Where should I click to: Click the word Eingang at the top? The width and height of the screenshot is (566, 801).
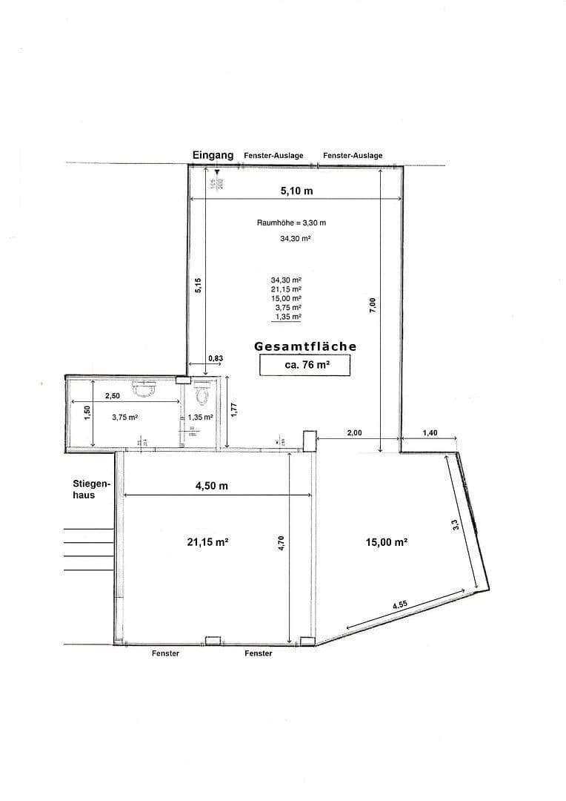click(213, 155)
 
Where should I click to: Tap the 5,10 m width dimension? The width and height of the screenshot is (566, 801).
click(296, 191)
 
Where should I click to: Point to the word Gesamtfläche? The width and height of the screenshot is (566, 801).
click(305, 346)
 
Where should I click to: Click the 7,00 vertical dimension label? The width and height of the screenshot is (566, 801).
click(373, 306)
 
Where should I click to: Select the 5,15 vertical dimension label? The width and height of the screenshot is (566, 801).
click(198, 286)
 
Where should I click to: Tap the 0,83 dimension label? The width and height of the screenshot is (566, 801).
click(216, 358)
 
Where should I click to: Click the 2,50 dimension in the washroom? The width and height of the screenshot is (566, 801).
click(113, 395)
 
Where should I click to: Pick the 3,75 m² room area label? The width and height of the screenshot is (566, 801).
click(125, 418)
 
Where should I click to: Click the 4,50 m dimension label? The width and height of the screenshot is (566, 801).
click(212, 485)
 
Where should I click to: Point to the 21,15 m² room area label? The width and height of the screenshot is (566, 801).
click(207, 542)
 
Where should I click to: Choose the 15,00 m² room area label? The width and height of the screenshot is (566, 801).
click(387, 542)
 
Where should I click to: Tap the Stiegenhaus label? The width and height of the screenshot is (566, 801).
click(91, 489)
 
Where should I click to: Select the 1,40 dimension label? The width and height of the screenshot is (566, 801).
click(430, 432)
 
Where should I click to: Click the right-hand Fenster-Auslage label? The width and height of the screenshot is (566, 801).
click(353, 156)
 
